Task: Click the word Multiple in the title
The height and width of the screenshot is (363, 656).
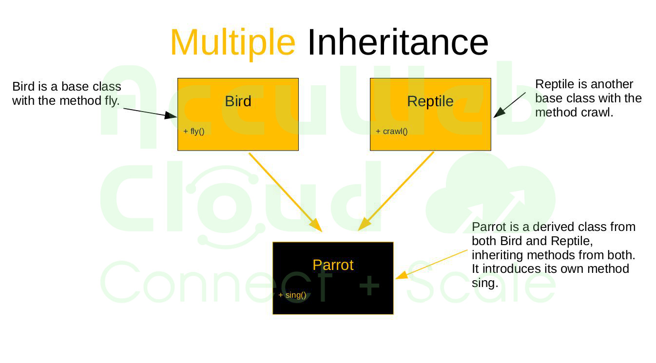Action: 232,42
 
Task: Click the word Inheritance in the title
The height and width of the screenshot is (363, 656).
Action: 397,42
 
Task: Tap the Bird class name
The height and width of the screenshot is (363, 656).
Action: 238,101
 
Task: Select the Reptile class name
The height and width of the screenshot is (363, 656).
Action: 430,101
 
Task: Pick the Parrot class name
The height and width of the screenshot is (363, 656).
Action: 333,265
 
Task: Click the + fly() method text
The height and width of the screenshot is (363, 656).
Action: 193,131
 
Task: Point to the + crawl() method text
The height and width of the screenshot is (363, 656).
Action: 391,131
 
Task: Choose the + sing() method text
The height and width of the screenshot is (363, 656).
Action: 292,295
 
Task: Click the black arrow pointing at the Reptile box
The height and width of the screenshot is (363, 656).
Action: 510,105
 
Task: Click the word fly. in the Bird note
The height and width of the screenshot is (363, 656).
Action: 112,101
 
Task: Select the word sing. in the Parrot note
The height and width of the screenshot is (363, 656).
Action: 485,283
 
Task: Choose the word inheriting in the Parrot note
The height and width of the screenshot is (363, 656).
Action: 495,255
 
